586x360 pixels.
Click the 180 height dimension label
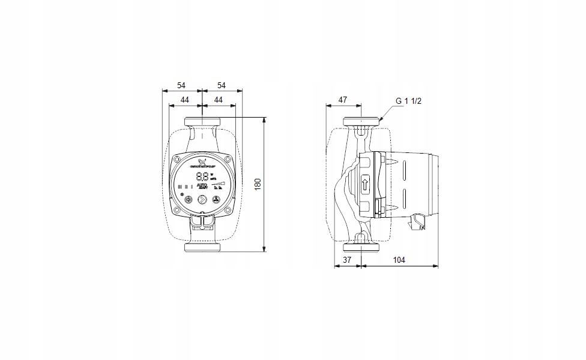[258, 184]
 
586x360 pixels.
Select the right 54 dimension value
[221, 85]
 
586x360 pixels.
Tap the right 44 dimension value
[219, 100]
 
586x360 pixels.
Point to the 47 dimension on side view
[342, 100]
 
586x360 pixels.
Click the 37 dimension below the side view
[347, 260]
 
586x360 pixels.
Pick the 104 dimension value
[399, 260]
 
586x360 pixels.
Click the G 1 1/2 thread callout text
[409, 100]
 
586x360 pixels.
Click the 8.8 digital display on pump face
[203, 176]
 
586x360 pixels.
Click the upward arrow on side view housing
[365, 184]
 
